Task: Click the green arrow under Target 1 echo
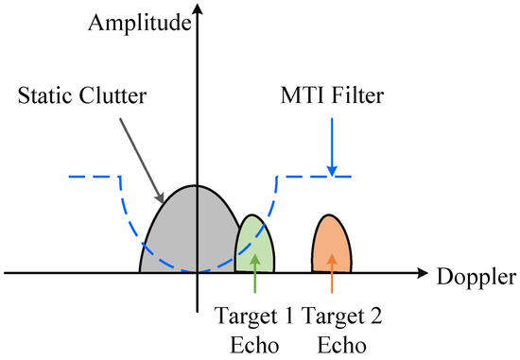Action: click(x=255, y=279)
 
